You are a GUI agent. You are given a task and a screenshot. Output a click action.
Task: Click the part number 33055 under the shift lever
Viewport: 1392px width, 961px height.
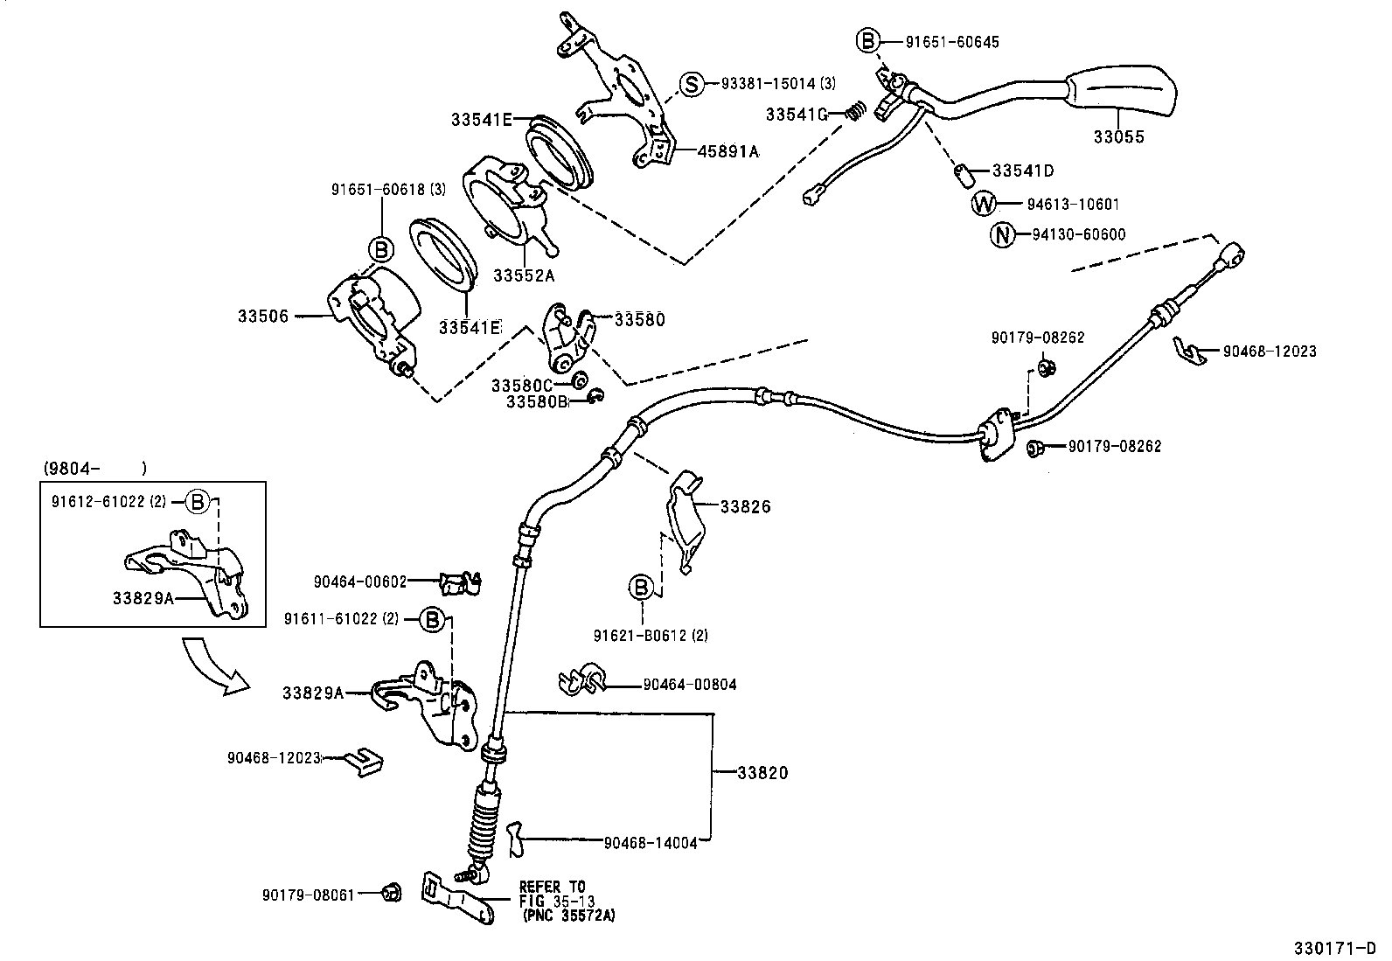(1118, 136)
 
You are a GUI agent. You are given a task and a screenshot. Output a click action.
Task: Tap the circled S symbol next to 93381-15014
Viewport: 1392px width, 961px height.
(691, 83)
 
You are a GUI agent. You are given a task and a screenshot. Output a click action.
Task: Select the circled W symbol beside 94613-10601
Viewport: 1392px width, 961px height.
(984, 203)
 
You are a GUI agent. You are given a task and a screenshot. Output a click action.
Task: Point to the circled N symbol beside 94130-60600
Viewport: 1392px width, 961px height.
(1002, 234)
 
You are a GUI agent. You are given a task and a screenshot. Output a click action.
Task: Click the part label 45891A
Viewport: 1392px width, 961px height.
(728, 151)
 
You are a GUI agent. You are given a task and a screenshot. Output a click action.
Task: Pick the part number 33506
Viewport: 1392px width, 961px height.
(263, 317)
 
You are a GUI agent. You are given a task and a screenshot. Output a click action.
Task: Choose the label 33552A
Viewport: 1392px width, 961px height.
(524, 275)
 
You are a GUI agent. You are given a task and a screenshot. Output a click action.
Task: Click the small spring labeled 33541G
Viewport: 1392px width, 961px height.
(856, 111)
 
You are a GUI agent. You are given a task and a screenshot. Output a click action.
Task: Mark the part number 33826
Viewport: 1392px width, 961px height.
(746, 506)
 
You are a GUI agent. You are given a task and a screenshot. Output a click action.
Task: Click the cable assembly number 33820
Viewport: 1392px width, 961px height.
(762, 773)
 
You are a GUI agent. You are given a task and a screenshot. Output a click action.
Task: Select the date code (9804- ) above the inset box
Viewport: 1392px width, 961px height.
(95, 468)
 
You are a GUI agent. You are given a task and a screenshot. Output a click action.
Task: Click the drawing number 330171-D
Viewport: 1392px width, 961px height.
(1335, 948)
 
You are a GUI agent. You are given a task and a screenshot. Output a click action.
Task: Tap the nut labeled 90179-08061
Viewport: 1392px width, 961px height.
(392, 894)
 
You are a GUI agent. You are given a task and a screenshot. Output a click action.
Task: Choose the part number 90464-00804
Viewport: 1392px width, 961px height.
(690, 685)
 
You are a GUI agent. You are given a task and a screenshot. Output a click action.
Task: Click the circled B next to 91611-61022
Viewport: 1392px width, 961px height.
(432, 620)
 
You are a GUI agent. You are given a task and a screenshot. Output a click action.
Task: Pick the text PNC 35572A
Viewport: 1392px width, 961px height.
(568, 916)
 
